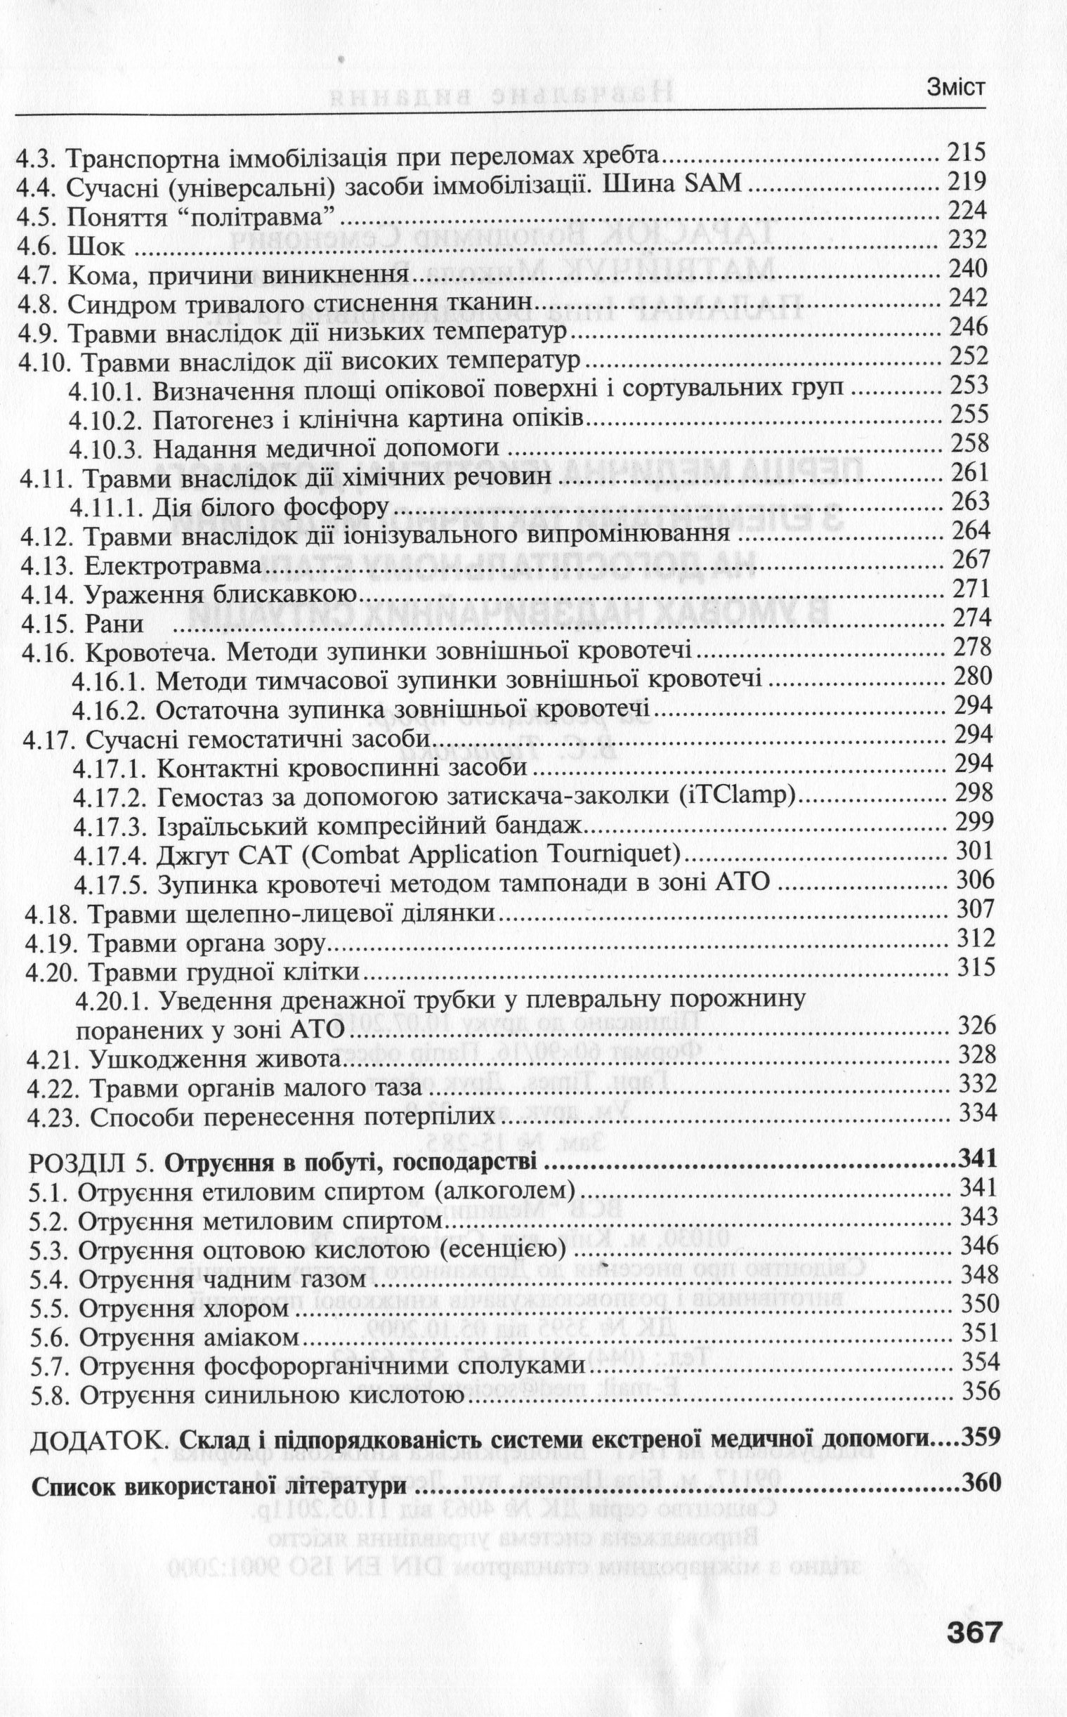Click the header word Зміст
click(x=955, y=88)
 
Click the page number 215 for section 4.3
click(x=966, y=152)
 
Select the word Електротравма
click(x=173, y=567)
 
